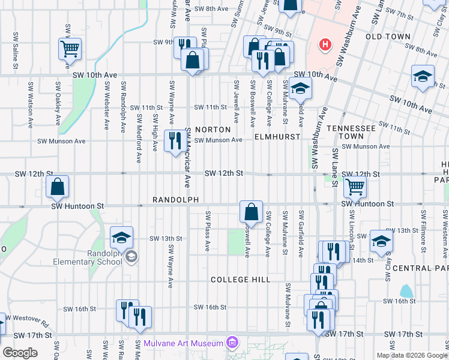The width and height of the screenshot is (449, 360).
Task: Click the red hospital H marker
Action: point(325,44)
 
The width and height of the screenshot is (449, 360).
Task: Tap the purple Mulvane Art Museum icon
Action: point(232,344)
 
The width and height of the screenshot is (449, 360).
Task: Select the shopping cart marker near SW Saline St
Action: point(70,49)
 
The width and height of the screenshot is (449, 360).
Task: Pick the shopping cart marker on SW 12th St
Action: point(355,187)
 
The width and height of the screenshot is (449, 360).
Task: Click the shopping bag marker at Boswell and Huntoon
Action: point(251,212)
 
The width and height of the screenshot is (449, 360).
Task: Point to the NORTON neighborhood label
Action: point(212,130)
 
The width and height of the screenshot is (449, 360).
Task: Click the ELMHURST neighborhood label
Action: point(277,137)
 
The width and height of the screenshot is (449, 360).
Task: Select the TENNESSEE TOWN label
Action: point(351,133)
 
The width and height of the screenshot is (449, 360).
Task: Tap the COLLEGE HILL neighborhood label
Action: point(240,280)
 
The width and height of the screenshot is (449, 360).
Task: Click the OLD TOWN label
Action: point(391,37)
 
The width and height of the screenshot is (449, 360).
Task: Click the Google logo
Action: point(19,353)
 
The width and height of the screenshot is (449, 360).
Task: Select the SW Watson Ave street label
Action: point(30,106)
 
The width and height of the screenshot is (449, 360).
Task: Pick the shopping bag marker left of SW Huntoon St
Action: point(57,187)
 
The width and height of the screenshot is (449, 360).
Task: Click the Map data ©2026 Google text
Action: point(411,355)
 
